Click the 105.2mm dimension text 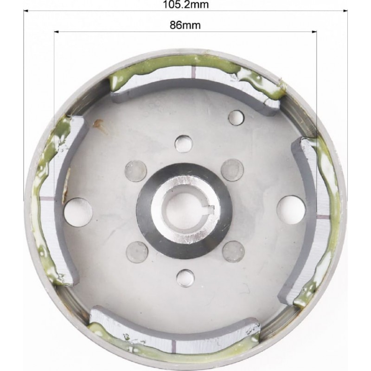[x=186, y=4]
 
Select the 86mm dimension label [x=185, y=25]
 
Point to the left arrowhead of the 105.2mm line [x=26, y=11]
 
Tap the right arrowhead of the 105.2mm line [x=345, y=11]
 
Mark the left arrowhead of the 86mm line [x=56, y=32]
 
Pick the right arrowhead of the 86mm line [x=314, y=32]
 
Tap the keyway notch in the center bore [x=211, y=209]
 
